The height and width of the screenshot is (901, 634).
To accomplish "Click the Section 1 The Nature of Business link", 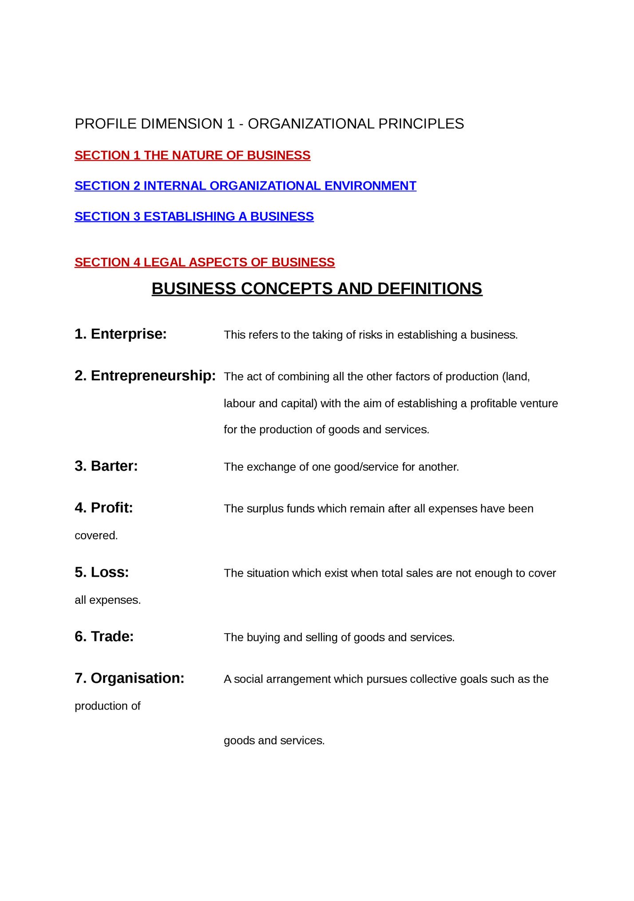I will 192,155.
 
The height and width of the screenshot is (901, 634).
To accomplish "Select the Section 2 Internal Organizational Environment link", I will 245,186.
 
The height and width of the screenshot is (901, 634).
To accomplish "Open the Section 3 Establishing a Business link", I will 194,216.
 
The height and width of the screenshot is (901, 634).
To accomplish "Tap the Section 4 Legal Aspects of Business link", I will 204,263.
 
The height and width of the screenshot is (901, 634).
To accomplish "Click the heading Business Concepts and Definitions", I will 317,289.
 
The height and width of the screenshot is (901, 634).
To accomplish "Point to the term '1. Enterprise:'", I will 120,334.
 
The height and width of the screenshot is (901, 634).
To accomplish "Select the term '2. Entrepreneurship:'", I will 145,376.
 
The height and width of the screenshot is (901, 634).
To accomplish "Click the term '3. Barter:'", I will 106,466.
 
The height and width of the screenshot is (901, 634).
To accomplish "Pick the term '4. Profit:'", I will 103,508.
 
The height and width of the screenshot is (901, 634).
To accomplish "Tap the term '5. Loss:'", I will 102,572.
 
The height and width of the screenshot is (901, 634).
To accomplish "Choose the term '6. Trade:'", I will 104,637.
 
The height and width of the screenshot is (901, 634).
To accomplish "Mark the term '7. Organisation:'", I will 129,678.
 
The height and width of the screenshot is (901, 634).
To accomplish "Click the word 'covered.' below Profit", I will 96,536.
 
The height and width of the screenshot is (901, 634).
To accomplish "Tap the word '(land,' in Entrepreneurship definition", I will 516,377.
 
